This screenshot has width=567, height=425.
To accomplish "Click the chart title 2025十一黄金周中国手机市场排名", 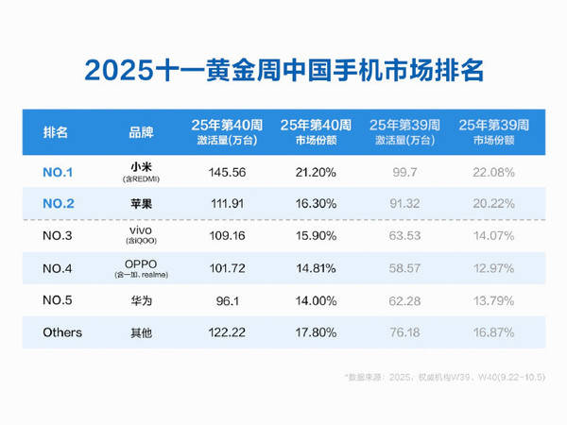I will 283,70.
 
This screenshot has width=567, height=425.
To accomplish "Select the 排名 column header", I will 56,131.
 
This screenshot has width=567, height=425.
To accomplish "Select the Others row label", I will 62,332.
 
